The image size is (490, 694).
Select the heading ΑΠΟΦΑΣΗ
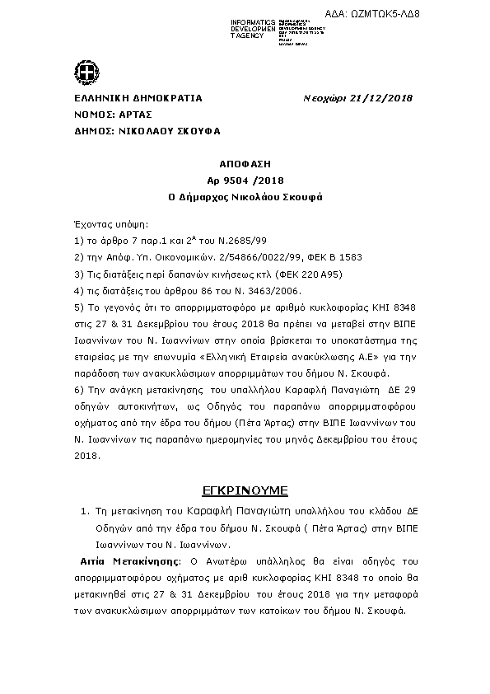[244, 164]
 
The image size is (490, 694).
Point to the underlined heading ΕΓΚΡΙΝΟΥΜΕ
[245, 490]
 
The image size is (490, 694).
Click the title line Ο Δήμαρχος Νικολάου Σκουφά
[244, 197]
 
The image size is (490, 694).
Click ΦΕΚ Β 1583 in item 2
[338, 257]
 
